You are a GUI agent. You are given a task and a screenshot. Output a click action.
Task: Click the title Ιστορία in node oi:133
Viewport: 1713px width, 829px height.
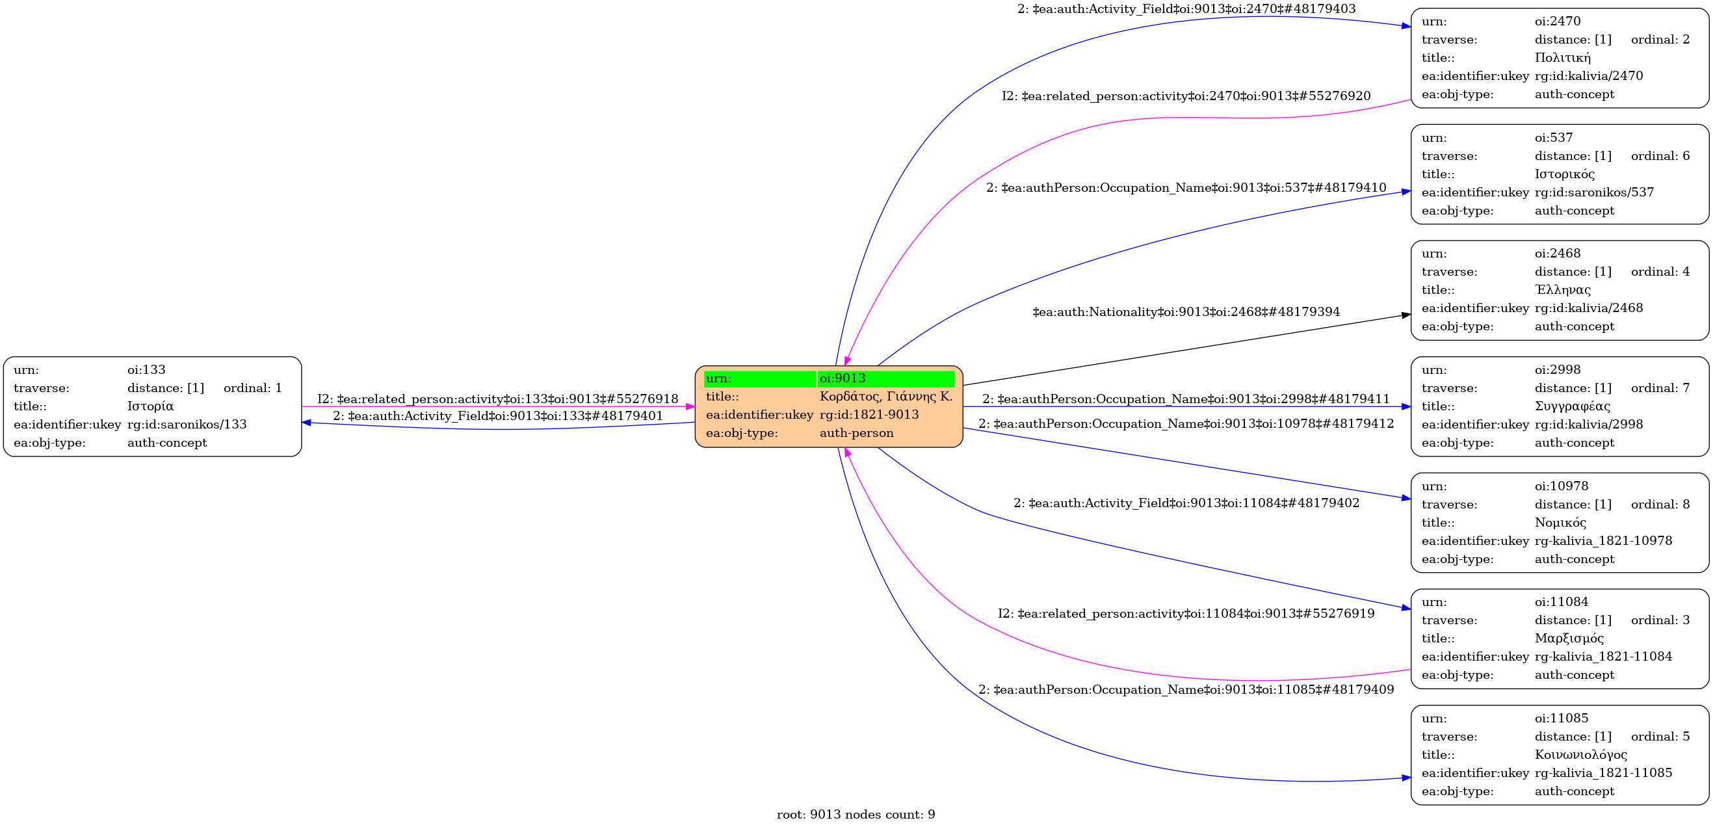pos(150,406)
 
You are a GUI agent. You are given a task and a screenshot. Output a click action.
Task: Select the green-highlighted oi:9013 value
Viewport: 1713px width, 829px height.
pos(843,378)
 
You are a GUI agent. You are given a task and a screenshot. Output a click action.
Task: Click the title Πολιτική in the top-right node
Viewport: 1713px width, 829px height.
pos(1563,58)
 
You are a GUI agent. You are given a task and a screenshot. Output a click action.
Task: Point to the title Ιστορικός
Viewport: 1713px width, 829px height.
pos(1565,174)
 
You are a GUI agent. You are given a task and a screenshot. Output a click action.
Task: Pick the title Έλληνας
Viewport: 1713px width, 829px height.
pos(1563,290)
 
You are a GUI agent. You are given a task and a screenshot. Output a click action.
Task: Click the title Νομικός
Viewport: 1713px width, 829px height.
pos(1560,522)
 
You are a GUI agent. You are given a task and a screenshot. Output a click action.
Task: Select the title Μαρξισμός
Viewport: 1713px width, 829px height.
pos(1569,638)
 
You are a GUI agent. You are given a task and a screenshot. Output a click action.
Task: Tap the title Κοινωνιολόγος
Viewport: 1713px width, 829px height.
pos(1580,754)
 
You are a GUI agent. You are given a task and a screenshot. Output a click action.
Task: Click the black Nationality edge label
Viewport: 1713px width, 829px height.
pos(1186,312)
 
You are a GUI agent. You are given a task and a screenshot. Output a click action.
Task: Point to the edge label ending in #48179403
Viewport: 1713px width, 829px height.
pos(1186,9)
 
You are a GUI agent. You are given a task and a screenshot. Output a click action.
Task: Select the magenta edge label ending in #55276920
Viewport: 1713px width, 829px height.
pos(1186,96)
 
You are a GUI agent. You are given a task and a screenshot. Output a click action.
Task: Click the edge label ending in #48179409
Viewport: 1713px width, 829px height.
pos(1186,690)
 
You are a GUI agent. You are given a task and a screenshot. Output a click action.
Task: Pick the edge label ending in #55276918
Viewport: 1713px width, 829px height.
pos(497,399)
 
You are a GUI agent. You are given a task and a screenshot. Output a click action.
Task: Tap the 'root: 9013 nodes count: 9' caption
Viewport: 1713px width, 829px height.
pos(856,814)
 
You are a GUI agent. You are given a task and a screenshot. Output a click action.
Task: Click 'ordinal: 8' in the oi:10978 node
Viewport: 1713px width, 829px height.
pos(1660,505)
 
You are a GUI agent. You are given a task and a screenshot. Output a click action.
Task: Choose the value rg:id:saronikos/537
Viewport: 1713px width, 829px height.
pos(1594,192)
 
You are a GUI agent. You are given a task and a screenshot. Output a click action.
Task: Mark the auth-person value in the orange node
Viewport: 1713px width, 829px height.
pos(857,433)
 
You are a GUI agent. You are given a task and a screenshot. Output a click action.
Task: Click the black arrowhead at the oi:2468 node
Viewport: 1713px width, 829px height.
pos(1406,315)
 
